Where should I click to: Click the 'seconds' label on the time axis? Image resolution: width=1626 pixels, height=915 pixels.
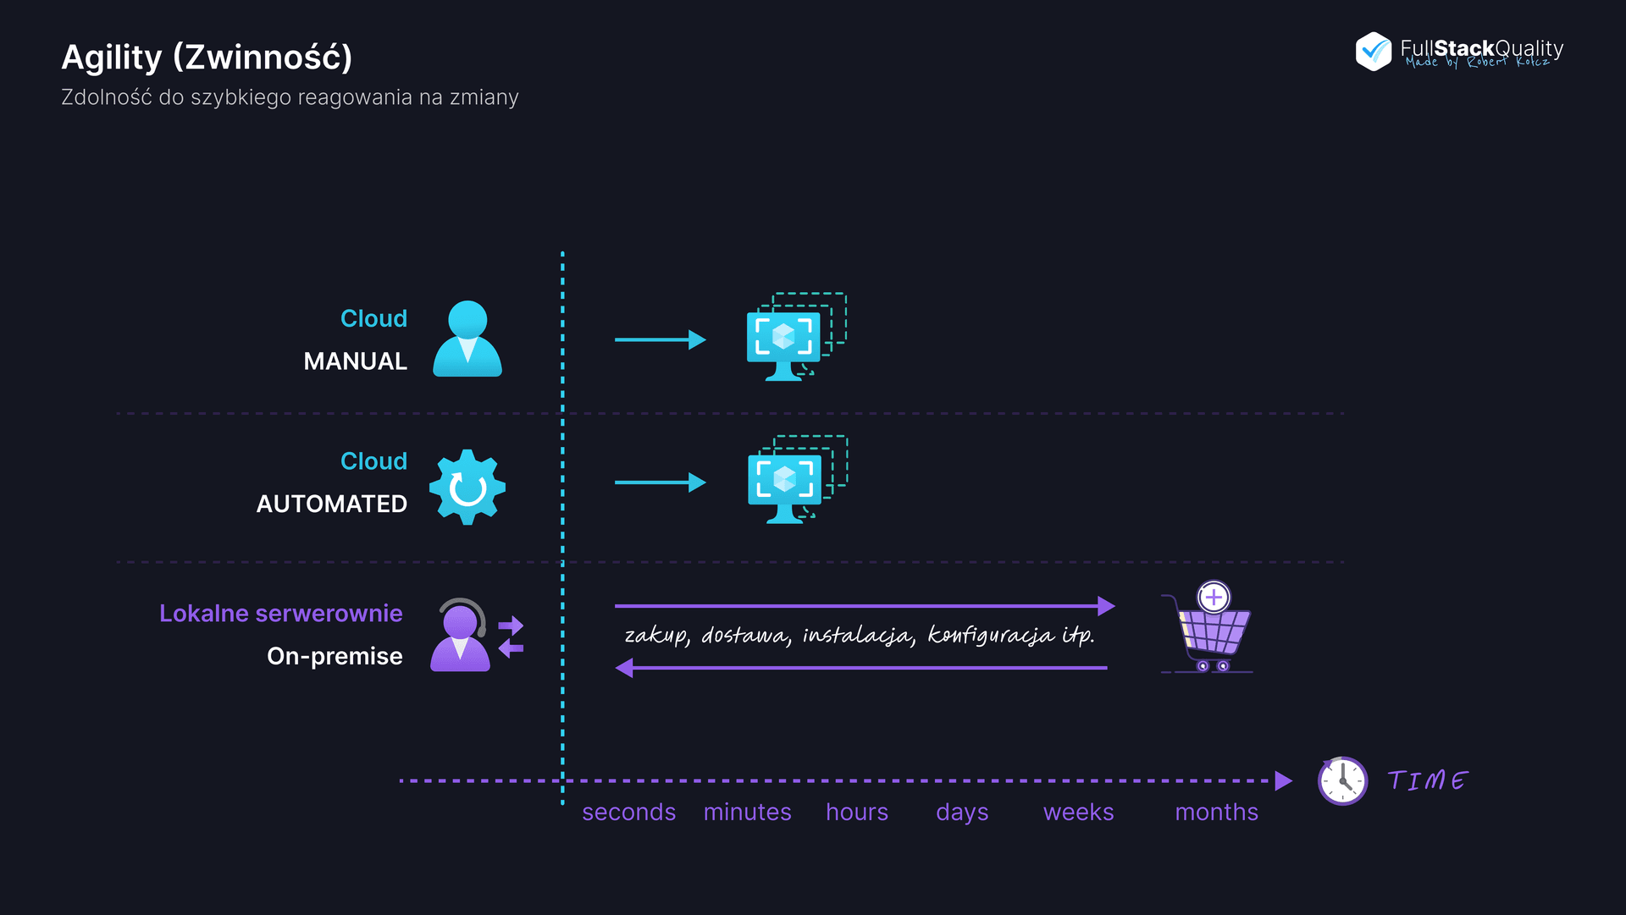[628, 812]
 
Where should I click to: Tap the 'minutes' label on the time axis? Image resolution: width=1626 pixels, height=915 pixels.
[747, 812]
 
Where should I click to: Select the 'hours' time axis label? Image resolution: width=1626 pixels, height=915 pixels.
[857, 812]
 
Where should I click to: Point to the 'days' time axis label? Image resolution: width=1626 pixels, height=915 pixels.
[962, 813]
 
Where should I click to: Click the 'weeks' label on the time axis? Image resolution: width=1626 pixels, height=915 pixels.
[1078, 812]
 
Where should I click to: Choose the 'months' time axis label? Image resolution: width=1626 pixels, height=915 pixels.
[1216, 812]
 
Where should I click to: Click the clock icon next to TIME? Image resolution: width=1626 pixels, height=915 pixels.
[1342, 780]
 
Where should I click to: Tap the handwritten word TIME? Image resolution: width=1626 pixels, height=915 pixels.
[1428, 780]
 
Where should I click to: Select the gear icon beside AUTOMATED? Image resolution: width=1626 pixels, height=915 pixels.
[467, 487]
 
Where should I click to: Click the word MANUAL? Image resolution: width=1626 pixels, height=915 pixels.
[355, 361]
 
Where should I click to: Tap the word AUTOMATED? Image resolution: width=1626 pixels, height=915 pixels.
[331, 504]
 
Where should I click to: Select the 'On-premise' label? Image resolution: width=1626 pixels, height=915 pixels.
[335, 656]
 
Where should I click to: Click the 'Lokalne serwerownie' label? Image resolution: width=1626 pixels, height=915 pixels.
[280, 613]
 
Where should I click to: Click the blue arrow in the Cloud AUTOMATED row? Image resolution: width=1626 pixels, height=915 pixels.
[660, 482]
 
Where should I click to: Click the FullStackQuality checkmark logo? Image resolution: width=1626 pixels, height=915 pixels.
[1373, 52]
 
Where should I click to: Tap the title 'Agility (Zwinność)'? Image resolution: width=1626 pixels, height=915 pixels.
[207, 57]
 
